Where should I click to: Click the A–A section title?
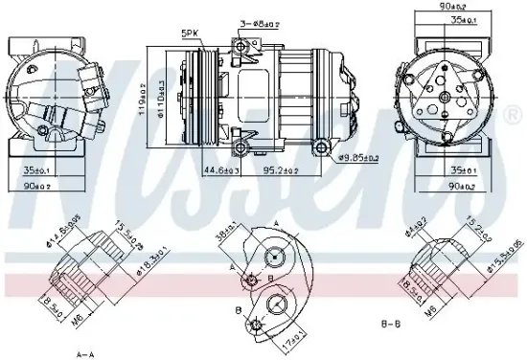tap(86, 353)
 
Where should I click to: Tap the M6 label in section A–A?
tap(79, 316)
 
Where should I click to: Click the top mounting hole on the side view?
tap(255, 42)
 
